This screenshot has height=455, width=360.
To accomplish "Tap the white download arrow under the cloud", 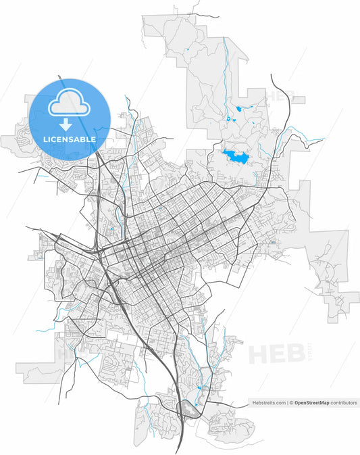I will (66, 124).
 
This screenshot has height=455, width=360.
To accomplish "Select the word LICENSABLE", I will (69, 139).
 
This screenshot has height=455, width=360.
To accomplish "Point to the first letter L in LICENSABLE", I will (45, 139).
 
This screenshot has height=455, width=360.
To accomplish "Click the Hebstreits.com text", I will (268, 403).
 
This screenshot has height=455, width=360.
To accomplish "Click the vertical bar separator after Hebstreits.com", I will (287, 403).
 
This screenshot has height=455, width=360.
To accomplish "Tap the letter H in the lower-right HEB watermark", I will (259, 354).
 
